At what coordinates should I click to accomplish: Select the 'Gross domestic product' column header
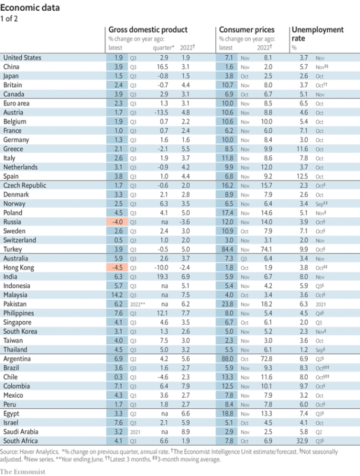click(147, 29)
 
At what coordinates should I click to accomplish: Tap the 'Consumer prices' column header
click(247, 29)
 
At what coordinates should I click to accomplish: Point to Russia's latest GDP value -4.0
click(117, 221)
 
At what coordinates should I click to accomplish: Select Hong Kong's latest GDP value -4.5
click(117, 268)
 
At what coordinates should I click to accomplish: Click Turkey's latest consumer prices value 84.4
click(228, 249)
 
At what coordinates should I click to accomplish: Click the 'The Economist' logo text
click(28, 471)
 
